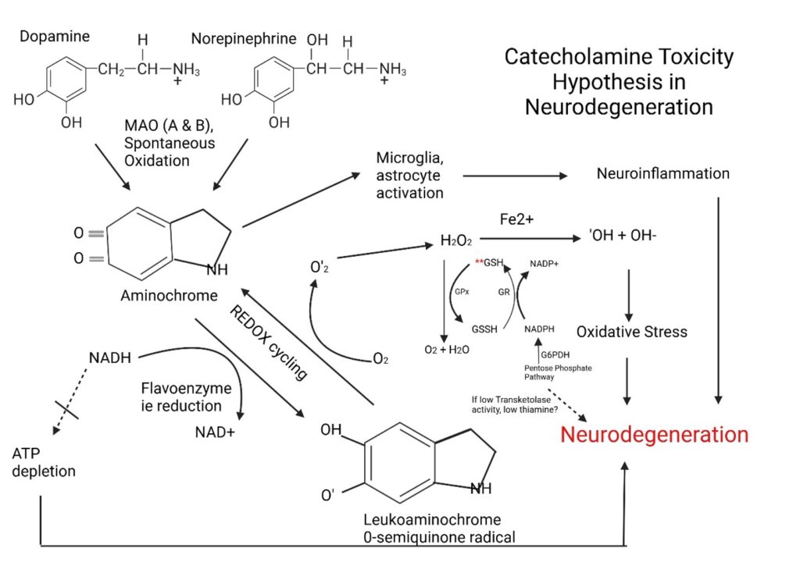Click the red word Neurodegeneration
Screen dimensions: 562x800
pos(654,435)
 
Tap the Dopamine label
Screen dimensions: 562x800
pos(55,36)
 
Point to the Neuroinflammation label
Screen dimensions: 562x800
pos(662,173)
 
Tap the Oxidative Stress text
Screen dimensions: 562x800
pos(631,332)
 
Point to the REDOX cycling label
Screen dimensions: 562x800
pos(269,342)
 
